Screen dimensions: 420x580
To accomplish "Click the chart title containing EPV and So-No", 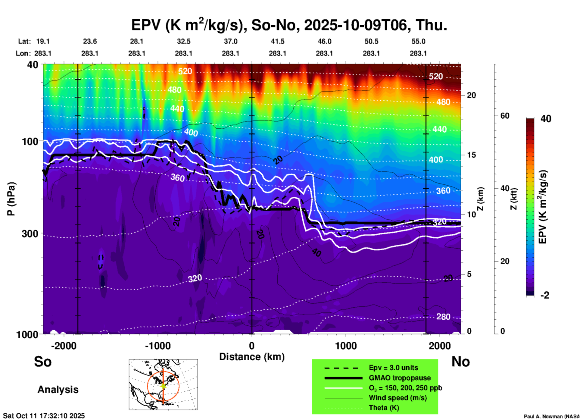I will (289, 25).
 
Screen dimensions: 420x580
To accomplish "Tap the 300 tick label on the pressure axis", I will (30, 234).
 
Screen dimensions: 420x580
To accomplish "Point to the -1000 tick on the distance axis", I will (158, 346).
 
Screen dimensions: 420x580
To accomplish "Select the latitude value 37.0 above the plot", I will (230, 41).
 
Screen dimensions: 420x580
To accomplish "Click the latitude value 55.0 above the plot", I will (418, 41).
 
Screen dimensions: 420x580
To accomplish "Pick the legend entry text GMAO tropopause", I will (400, 378).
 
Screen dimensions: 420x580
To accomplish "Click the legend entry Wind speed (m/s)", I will (398, 398).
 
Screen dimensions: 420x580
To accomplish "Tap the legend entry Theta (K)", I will (384, 408).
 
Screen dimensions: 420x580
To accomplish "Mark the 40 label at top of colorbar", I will (546, 119).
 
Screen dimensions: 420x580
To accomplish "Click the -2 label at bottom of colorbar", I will (545, 295).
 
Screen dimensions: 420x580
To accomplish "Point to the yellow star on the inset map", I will (163, 385).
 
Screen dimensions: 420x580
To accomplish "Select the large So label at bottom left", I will (43, 362).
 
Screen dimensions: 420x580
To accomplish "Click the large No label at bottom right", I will (460, 362).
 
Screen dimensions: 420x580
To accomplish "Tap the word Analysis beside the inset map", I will (58, 390).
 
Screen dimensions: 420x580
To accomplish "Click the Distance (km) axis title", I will (252, 357).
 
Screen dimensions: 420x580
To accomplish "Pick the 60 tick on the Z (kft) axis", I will (505, 116).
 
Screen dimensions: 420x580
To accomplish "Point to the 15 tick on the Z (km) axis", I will (471, 155).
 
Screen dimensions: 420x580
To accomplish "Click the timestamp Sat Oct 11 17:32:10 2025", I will (44, 416).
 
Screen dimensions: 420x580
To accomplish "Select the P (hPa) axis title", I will (11, 199).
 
